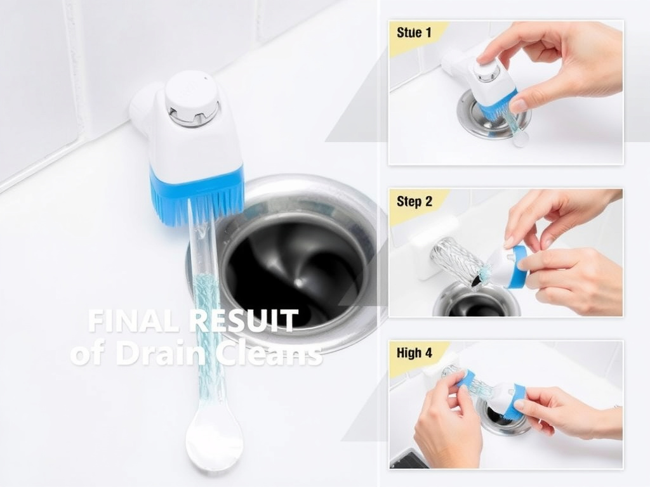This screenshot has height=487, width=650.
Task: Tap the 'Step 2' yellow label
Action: coord(415,202)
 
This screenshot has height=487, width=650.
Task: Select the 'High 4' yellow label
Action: coord(415,353)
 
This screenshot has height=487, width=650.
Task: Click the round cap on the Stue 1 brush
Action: coord(487,70)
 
